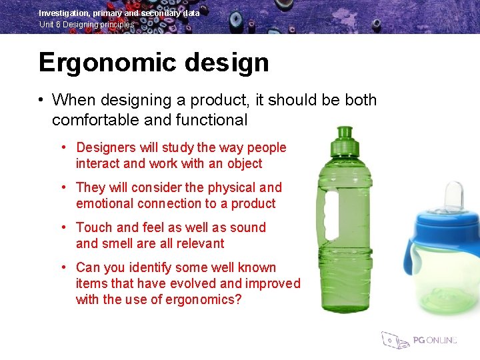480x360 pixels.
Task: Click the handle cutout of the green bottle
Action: pyautogui.click(x=327, y=213)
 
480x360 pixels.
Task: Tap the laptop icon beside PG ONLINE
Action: pyautogui.click(x=394, y=339)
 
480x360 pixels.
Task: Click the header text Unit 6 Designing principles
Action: pyautogui.click(x=86, y=25)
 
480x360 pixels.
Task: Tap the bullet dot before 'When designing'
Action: pyautogui.click(x=41, y=101)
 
